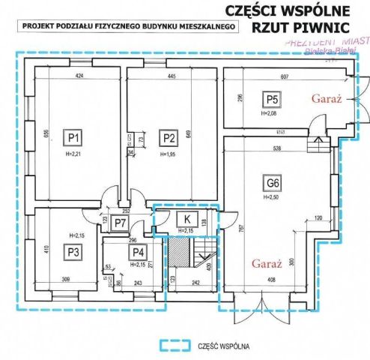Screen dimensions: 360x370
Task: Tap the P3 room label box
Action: point(73,252)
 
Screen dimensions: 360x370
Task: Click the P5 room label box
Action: point(270,100)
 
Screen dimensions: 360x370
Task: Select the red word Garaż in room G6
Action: point(266,265)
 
